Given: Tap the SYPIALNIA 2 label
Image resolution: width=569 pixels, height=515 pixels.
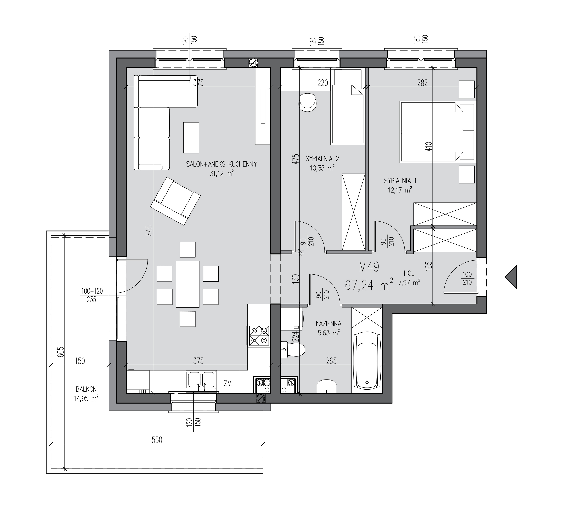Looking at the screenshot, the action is (x=322, y=159).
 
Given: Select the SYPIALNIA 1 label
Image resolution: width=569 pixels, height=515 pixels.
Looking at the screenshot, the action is (x=400, y=181).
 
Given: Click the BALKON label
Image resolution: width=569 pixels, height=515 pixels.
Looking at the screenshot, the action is (x=86, y=389).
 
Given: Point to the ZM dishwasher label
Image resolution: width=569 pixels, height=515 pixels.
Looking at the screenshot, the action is (x=228, y=383).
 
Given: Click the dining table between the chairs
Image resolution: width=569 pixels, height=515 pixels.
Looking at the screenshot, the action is (x=187, y=284).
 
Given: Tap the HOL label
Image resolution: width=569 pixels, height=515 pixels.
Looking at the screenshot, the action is (x=409, y=273).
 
